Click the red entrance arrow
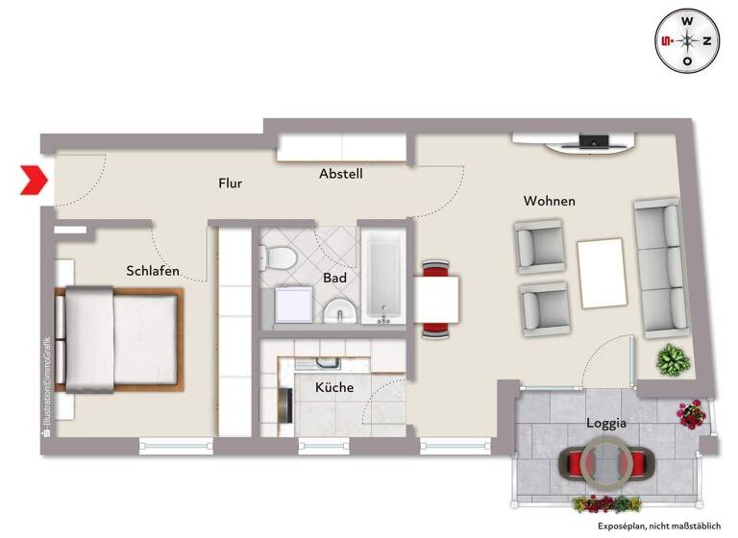[34, 180]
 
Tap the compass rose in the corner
[687, 40]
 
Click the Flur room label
[230, 183]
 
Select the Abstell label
[340, 174]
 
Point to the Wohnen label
[549, 201]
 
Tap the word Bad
[334, 279]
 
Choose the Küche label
[334, 387]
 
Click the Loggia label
[606, 423]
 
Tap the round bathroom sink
[338, 311]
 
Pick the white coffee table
[601, 272]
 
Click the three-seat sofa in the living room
[659, 268]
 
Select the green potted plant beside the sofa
[673, 360]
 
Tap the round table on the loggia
[605, 461]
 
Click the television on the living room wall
[592, 143]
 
